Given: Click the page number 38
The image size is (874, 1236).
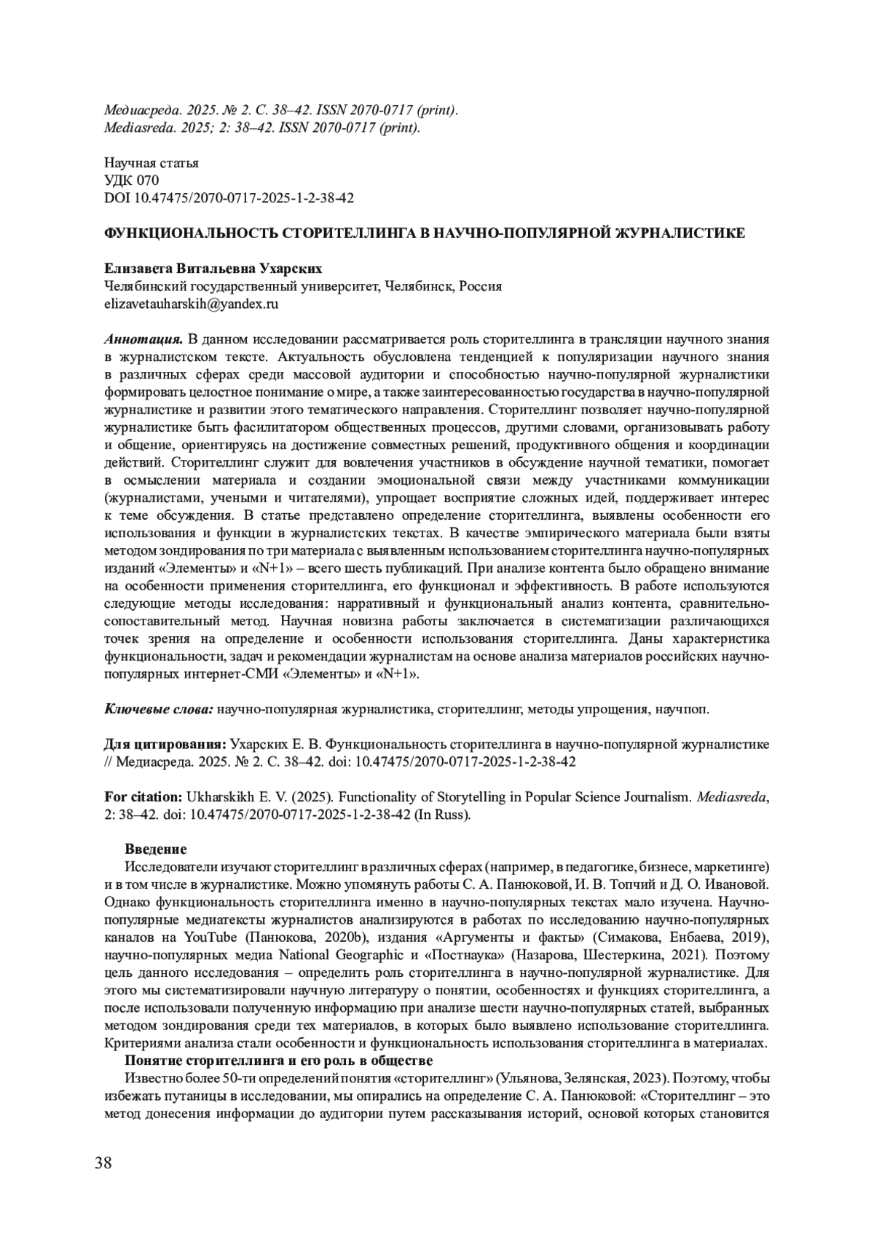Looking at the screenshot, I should [x=103, y=1162].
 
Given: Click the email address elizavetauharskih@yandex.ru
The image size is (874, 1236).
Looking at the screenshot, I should [x=192, y=304].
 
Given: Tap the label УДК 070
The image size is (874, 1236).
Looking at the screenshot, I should [x=132, y=181].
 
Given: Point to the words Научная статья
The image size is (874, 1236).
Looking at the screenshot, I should [x=151, y=163].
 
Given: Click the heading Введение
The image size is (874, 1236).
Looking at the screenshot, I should [x=156, y=849].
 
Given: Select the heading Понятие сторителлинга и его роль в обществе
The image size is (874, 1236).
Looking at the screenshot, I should [x=279, y=1060].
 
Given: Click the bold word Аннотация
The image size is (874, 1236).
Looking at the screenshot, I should [x=143, y=340].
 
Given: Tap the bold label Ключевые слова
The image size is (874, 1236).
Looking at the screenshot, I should [x=159, y=709].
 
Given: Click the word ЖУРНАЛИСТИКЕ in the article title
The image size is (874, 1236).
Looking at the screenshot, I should [x=680, y=233].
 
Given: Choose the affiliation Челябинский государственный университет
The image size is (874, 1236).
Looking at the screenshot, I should [x=241, y=286].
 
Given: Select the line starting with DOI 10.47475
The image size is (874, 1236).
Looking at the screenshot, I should [x=229, y=198].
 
